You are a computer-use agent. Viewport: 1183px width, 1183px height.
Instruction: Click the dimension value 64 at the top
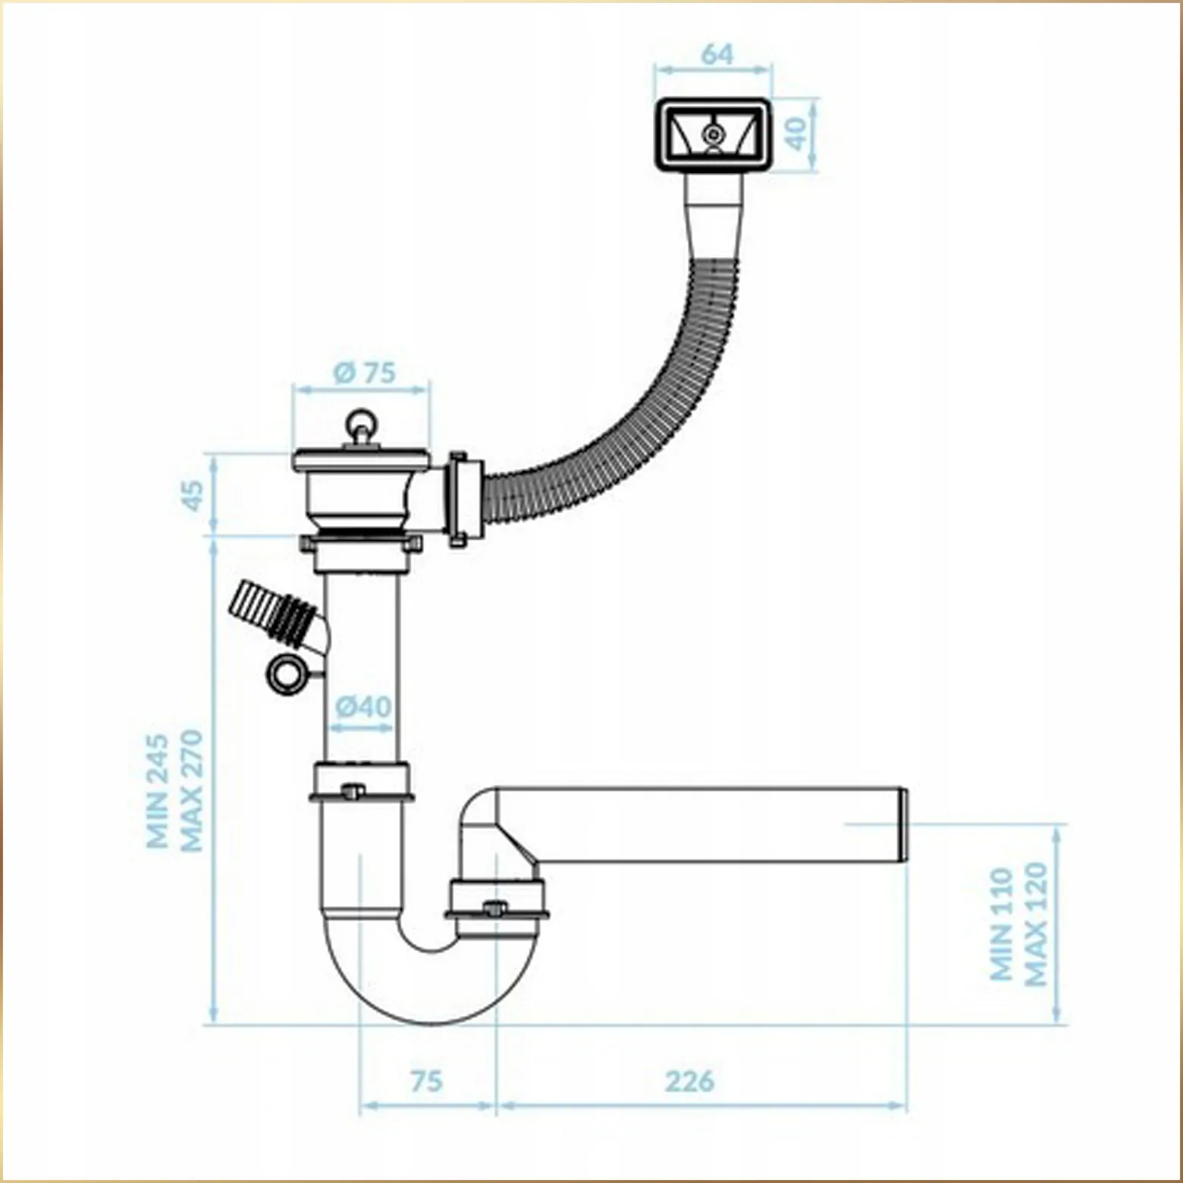coord(717,55)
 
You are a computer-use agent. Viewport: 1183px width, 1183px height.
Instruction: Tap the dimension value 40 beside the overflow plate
coord(797,135)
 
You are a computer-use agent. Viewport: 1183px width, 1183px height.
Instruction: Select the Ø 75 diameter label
coord(365,373)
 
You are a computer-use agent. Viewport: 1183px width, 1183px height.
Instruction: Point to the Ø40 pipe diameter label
coord(364,707)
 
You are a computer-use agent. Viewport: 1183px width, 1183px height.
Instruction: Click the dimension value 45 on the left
coord(195,496)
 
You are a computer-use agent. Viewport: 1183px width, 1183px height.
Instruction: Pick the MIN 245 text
coord(158,790)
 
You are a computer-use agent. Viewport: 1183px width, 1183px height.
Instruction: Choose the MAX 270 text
coord(190,790)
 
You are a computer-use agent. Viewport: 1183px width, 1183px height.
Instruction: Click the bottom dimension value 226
coord(690,1081)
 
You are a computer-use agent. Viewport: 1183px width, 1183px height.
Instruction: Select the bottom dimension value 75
coord(426,1081)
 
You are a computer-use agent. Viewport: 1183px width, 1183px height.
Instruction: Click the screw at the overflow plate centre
coord(712,134)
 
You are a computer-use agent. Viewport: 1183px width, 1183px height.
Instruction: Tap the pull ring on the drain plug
coord(359,422)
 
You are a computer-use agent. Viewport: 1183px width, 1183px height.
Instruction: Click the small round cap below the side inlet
coord(287,671)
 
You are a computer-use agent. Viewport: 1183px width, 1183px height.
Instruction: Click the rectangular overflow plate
coord(712,136)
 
